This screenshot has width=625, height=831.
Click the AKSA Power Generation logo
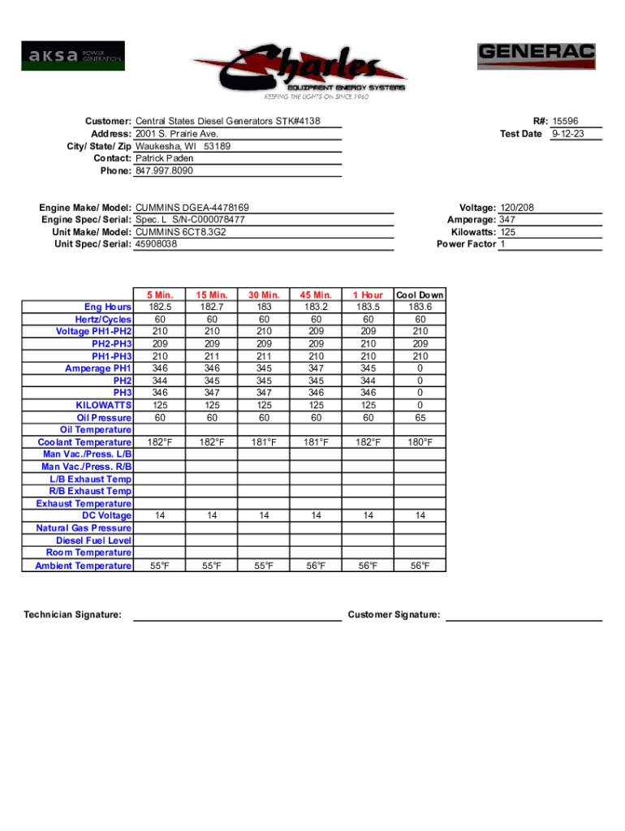tap(73, 56)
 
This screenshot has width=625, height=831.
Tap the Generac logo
tap(536, 56)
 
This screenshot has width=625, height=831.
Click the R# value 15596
tap(567, 121)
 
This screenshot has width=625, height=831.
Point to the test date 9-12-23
tap(567, 134)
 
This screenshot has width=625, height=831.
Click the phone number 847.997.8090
tap(164, 171)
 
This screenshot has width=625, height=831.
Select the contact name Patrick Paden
tap(164, 158)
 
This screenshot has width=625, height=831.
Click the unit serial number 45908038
tap(156, 243)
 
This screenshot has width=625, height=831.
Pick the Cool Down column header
tap(419, 295)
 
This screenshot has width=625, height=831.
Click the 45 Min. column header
tap(316, 295)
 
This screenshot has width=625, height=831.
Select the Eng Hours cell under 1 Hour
tap(368, 307)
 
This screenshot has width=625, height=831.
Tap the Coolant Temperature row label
tap(84, 442)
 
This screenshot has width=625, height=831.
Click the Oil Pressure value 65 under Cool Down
tap(419, 417)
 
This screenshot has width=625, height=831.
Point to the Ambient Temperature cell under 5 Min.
tap(160, 566)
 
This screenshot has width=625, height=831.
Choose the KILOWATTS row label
tap(104, 405)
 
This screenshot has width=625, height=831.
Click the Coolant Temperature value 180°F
tap(419, 442)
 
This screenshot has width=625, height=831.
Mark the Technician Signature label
tap(73, 615)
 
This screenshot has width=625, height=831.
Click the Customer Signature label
tap(394, 615)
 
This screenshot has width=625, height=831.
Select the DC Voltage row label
tap(106, 515)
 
